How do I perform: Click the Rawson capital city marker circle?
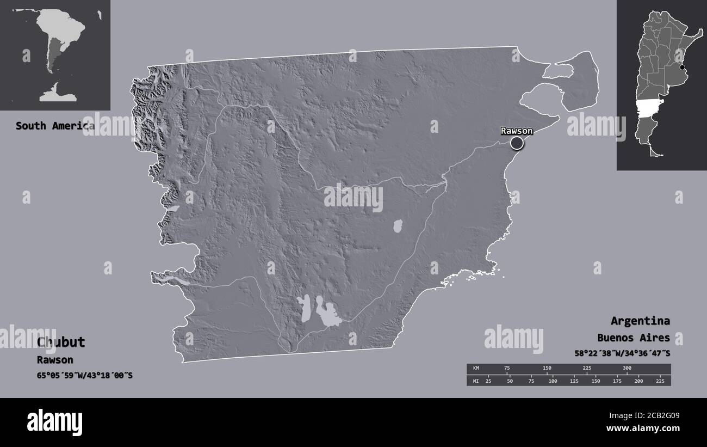517,143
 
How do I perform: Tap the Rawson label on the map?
517,131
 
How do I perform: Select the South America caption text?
54,126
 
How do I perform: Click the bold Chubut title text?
61,342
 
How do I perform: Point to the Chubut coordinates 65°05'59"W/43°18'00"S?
85,375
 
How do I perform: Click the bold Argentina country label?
640,321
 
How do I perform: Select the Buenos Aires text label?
633,338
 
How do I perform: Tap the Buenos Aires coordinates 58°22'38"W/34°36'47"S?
622,353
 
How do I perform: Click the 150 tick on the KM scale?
547,369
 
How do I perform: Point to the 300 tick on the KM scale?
627,369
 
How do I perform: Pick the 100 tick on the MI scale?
553,381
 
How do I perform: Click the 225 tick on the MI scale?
660,381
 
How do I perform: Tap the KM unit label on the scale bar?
476,369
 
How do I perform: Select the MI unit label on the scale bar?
476,381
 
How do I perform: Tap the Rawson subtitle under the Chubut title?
55,360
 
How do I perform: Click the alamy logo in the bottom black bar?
54,421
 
